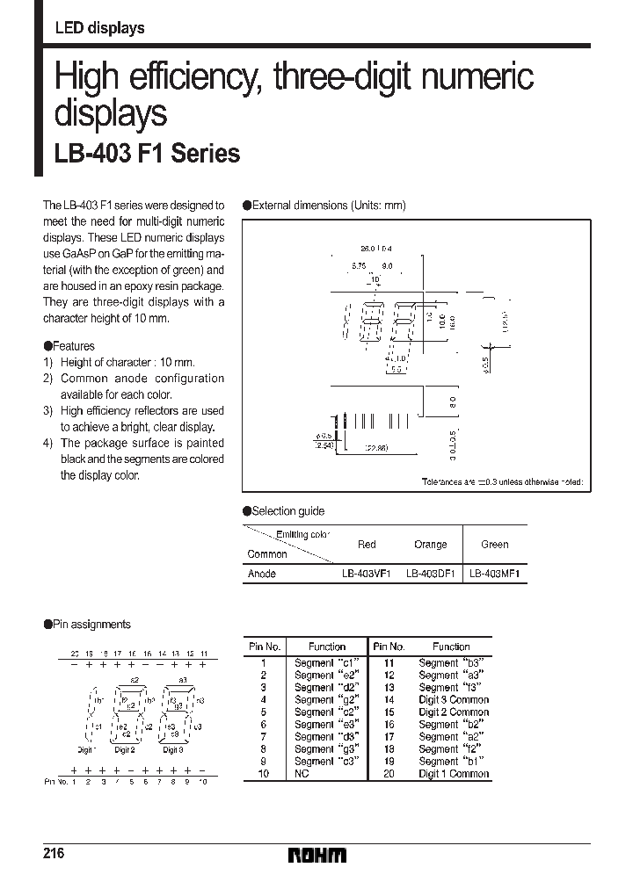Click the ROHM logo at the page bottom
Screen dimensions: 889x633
(317, 855)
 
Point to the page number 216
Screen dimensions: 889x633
(53, 854)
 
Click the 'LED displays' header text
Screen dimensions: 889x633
(99, 29)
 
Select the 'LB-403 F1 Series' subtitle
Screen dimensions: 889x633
(147, 153)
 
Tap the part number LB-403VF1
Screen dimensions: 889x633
(367, 574)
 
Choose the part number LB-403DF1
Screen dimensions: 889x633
(430, 574)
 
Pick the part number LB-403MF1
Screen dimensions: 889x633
(495, 574)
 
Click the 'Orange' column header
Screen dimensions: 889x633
(430, 545)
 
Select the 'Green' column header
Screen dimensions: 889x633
(494, 545)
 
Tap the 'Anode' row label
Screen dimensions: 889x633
(262, 574)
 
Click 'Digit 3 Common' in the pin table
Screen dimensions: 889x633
(454, 700)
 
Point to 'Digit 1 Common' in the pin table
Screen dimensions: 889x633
(454, 774)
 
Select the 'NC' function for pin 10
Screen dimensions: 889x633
(302, 774)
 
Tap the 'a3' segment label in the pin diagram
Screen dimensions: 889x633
(183, 680)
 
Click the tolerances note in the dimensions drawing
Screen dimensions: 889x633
(502, 482)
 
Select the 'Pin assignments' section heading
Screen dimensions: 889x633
(91, 625)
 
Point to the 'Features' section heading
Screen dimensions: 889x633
(73, 346)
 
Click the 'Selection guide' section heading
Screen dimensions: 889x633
(287, 511)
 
